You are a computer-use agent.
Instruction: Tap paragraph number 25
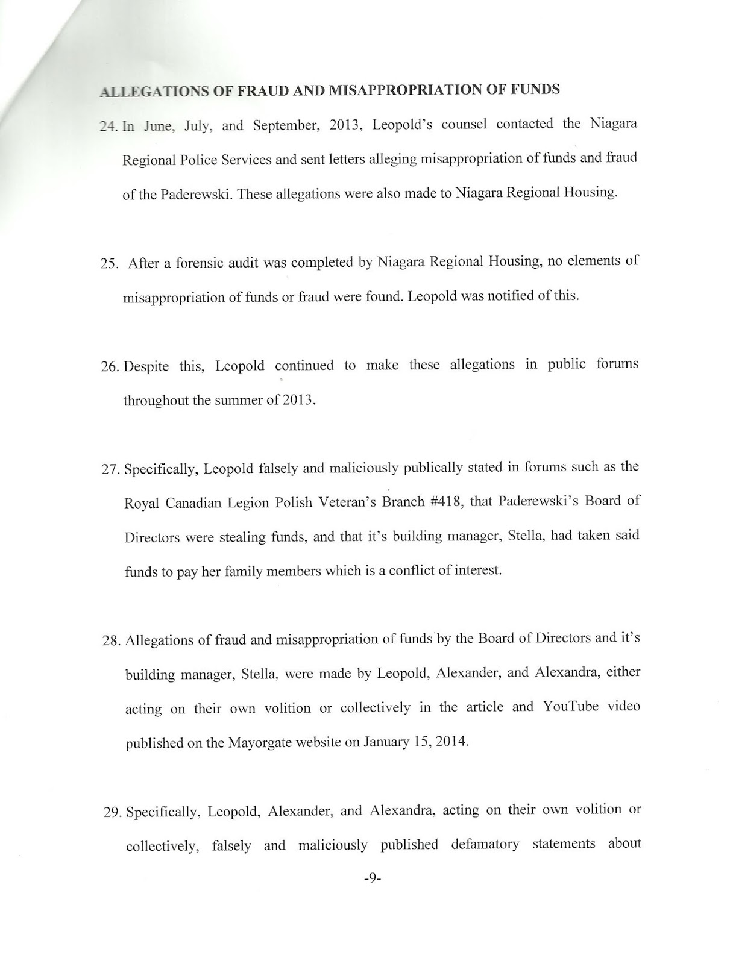110,263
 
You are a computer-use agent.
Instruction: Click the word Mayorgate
260,742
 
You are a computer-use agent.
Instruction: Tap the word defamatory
485,844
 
